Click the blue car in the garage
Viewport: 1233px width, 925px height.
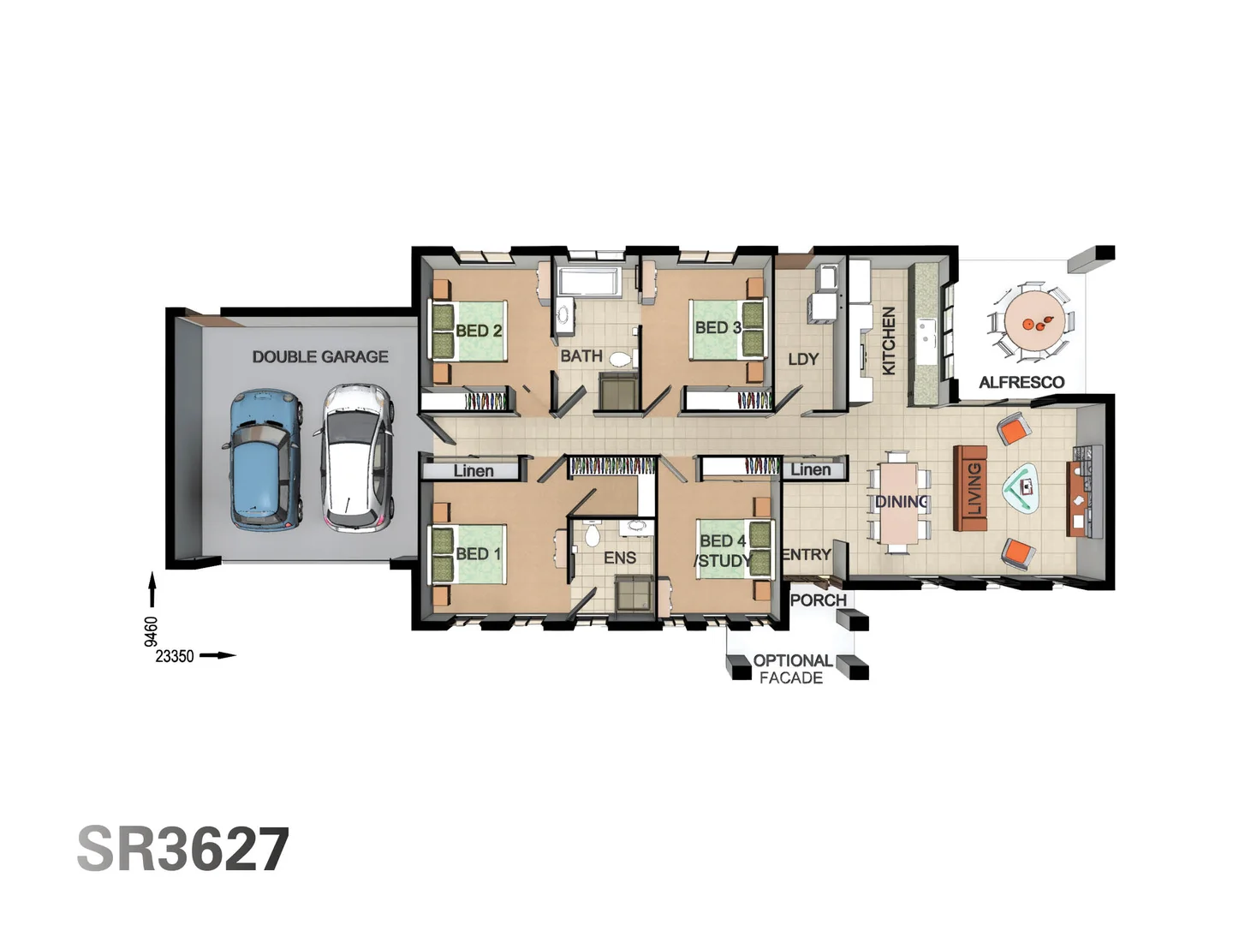point(263,459)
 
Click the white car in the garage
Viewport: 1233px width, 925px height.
point(354,457)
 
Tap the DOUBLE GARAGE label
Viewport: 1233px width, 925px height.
point(320,356)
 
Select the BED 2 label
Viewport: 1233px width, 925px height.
point(479,331)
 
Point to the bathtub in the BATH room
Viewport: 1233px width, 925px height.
point(588,282)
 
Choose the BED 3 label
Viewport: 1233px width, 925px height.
point(718,327)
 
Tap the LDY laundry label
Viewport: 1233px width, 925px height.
point(803,359)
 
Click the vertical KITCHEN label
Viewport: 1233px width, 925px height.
point(889,340)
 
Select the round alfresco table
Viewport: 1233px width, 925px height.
point(1033,322)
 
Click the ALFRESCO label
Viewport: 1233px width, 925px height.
point(1022,383)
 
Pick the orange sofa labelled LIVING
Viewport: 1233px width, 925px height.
point(970,488)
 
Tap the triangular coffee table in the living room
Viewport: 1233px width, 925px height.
point(1021,487)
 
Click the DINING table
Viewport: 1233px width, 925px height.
point(900,503)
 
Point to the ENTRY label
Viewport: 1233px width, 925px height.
point(807,554)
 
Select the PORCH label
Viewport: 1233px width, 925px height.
point(819,600)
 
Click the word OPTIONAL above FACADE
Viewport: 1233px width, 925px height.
point(793,660)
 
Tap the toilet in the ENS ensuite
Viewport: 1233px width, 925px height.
point(591,534)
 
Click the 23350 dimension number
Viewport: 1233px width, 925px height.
point(175,656)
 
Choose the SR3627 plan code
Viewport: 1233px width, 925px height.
point(183,849)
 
